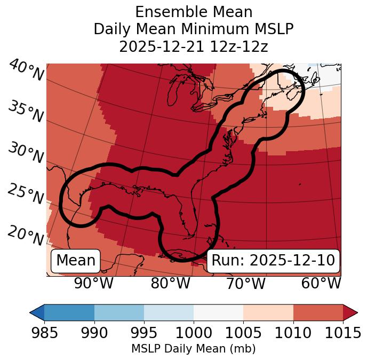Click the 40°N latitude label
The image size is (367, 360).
click(25, 71)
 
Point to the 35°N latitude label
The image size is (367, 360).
click(25, 112)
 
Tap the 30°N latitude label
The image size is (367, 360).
click(25, 153)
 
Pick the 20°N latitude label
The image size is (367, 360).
click(25, 236)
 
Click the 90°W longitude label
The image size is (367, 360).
click(93, 284)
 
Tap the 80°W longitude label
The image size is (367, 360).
click(170, 284)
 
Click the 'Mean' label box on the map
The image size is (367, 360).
click(76, 261)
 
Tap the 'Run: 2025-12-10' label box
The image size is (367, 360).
click(273, 261)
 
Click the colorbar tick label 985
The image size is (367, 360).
click(44, 333)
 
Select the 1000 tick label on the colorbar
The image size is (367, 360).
click(193, 333)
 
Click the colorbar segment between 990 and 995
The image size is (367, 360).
click(119, 312)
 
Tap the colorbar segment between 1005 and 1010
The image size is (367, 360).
click(268, 312)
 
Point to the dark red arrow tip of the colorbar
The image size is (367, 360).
click(352, 312)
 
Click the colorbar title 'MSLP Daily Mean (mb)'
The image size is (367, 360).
click(193, 349)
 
